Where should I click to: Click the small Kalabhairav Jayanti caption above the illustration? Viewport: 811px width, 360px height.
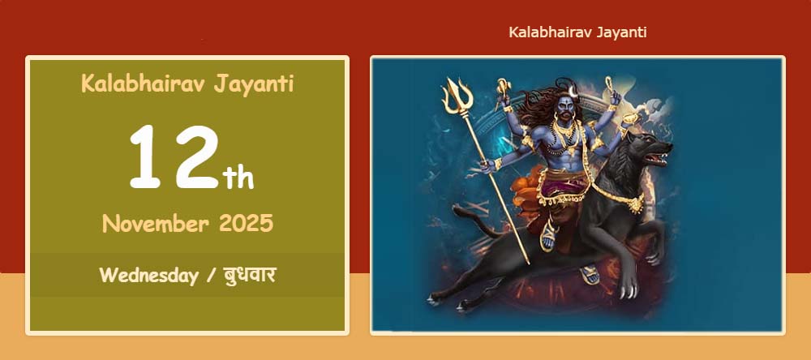pyautogui.click(x=577, y=32)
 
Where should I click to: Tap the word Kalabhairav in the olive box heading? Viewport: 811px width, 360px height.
pyautogui.click(x=139, y=84)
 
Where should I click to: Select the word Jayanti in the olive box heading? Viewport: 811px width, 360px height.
pyautogui.click(x=253, y=84)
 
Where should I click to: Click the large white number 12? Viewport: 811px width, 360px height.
pyautogui.click(x=174, y=156)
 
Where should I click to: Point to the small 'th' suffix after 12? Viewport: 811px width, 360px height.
pyautogui.click(x=238, y=178)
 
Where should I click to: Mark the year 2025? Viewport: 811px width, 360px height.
pyautogui.click(x=247, y=224)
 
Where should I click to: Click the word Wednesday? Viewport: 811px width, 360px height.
pyautogui.click(x=149, y=275)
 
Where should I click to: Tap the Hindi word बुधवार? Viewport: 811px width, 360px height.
pyautogui.click(x=250, y=275)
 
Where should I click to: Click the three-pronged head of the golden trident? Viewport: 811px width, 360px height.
pyautogui.click(x=457, y=96)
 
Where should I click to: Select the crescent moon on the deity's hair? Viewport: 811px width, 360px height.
pyautogui.click(x=573, y=92)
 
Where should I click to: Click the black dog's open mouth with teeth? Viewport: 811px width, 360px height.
pyautogui.click(x=658, y=156)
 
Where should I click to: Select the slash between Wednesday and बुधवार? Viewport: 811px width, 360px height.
pyautogui.click(x=211, y=276)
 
